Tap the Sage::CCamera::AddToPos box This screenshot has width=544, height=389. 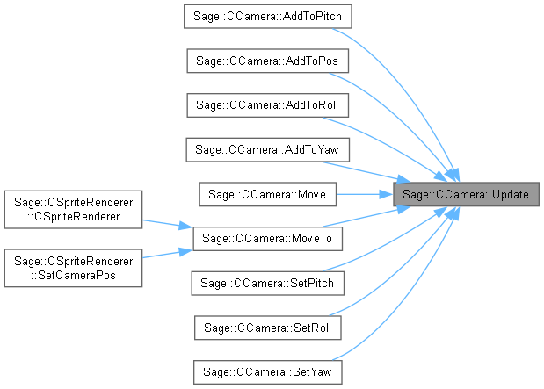(x=267, y=61)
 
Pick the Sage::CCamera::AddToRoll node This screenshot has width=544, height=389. (x=267, y=104)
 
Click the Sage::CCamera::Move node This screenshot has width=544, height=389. (x=267, y=193)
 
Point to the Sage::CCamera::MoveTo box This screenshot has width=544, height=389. (x=267, y=237)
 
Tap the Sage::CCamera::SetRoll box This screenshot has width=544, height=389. (x=267, y=326)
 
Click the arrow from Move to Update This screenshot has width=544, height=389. (x=364, y=193)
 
